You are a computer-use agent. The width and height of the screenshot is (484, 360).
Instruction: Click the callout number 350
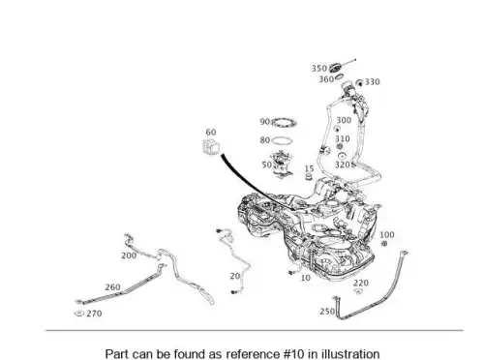[319, 69]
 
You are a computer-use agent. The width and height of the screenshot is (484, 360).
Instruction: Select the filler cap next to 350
[336, 68]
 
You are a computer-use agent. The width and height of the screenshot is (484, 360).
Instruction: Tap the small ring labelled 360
[339, 76]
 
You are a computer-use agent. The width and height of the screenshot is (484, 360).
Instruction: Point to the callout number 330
[373, 82]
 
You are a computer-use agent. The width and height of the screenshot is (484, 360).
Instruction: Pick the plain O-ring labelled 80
[283, 141]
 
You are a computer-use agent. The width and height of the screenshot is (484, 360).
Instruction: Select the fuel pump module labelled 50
[282, 165]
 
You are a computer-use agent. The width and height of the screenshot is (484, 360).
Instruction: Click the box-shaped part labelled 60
[211, 147]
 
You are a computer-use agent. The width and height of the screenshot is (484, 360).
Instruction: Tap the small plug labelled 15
[309, 176]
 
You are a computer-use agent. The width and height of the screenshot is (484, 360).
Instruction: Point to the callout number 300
[344, 120]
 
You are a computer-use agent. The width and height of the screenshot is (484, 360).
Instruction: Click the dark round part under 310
[340, 147]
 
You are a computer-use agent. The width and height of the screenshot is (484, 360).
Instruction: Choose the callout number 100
[387, 234]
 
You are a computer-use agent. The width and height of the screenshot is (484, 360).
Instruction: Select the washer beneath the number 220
[358, 291]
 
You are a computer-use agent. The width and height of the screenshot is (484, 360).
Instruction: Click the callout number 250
[327, 312]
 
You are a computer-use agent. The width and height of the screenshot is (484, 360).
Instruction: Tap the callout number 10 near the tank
[305, 278]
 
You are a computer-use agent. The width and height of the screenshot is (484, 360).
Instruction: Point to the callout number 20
[235, 276]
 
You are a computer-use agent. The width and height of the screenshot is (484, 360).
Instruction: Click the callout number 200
[129, 255]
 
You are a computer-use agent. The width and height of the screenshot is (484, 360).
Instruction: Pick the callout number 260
[112, 287]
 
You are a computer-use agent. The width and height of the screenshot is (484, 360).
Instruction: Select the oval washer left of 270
[79, 313]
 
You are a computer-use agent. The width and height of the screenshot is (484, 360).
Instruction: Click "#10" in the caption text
[293, 354]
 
